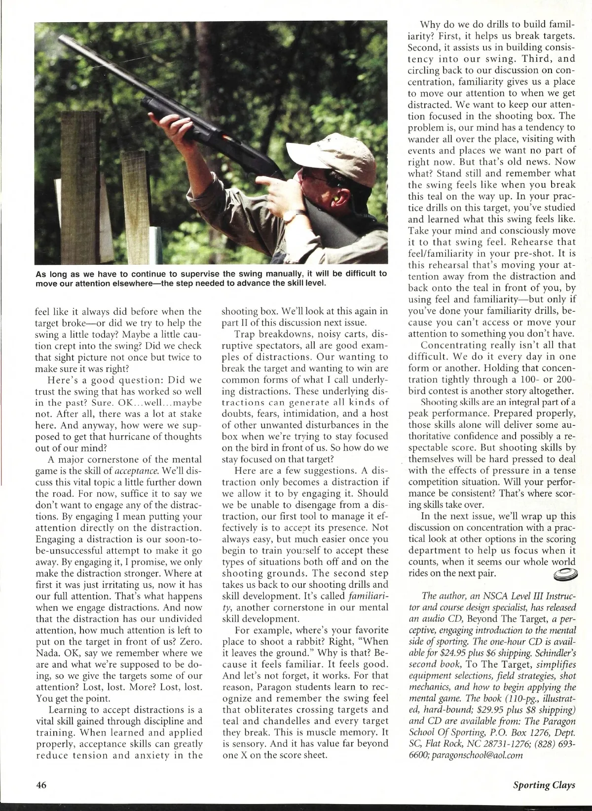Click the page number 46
click(40, 785)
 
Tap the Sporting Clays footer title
click(543, 785)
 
